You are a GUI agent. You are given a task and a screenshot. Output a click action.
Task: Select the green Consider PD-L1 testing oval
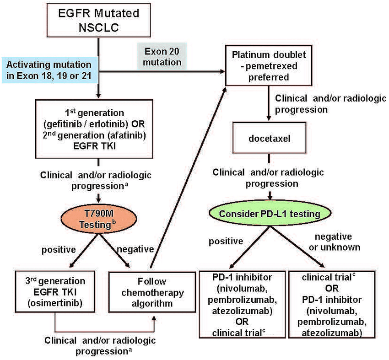pos(270,213)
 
